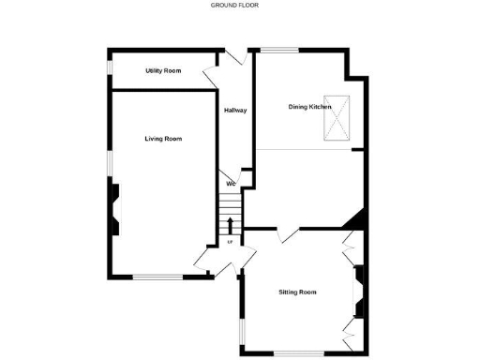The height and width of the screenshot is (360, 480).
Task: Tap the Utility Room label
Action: pos(163,71)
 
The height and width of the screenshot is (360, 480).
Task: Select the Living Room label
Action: pos(163,139)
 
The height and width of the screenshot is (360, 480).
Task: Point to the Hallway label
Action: pos(235,112)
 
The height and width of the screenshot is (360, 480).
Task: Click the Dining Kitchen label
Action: pos(309,107)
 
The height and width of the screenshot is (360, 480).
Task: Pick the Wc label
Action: pos(231,184)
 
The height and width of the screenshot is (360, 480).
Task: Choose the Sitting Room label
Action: pos(297,292)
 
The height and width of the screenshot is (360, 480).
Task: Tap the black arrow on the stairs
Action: pos(231,224)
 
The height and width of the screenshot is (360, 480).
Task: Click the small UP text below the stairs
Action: pos(231,243)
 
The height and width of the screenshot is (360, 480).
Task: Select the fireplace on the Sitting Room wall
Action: pos(357,291)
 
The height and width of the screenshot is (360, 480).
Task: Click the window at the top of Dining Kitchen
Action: pos(279,49)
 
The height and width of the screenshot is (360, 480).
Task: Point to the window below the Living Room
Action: pos(157,276)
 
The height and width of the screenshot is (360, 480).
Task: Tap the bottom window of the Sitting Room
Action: pos(298,352)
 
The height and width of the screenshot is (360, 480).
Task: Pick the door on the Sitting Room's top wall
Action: pos(288,234)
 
